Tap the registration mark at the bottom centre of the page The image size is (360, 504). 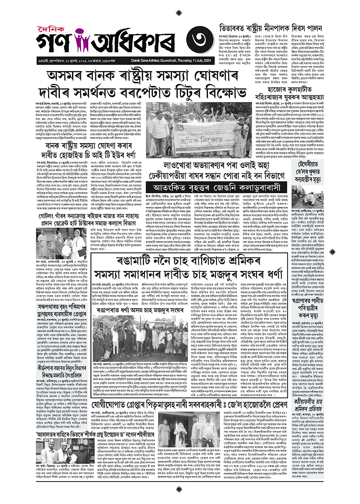point(180,497)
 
